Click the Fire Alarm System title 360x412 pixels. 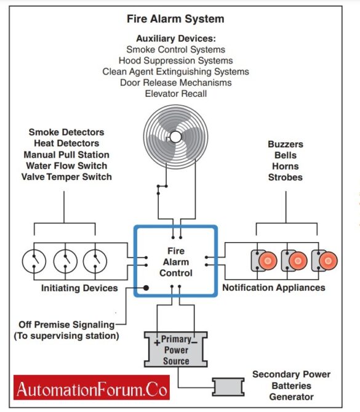(175, 18)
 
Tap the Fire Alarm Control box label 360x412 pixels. (175, 262)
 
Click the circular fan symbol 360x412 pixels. (175, 136)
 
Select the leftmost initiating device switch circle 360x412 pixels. (34, 261)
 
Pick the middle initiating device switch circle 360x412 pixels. (65, 261)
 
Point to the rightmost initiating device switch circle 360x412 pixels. (96, 261)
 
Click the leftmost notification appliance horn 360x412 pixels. (266, 261)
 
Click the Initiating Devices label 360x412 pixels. (79, 288)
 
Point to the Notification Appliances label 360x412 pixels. (273, 288)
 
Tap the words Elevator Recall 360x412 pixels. (175, 94)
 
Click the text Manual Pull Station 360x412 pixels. (66, 155)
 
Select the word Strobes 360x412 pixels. (286, 177)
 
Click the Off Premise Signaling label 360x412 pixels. (66, 325)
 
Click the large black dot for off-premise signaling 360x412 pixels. (146, 288)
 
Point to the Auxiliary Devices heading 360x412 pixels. (175, 38)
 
